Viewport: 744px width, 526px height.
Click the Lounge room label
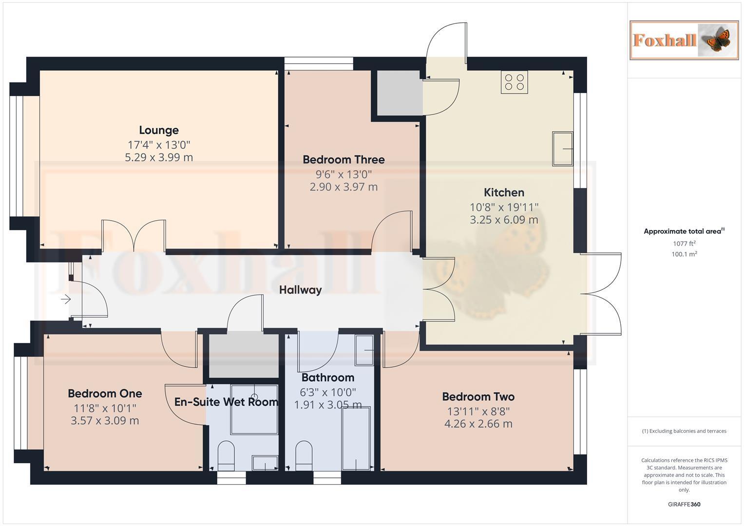(x=159, y=130)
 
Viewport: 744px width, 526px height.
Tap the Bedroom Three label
(x=343, y=160)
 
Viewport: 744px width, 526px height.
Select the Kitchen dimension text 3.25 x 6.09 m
(x=504, y=220)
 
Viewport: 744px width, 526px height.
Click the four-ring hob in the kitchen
(x=514, y=82)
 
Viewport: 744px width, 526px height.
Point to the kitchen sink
(x=562, y=149)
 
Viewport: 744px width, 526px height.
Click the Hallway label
(x=300, y=290)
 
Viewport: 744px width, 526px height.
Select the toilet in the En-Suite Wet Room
(x=226, y=455)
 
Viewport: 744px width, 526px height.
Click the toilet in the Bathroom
(x=304, y=455)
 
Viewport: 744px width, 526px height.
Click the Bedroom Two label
(x=478, y=396)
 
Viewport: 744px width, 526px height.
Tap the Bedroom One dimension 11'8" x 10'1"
(x=105, y=408)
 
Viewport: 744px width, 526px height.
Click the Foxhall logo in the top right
(x=684, y=40)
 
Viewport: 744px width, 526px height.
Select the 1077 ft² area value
(x=684, y=244)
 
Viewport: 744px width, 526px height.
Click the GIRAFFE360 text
(x=684, y=504)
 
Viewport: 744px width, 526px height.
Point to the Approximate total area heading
(x=684, y=231)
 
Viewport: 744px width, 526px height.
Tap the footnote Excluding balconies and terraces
(x=684, y=431)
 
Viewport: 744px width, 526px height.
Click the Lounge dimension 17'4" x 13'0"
(x=159, y=145)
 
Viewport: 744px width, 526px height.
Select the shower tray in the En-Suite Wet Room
(x=254, y=409)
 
